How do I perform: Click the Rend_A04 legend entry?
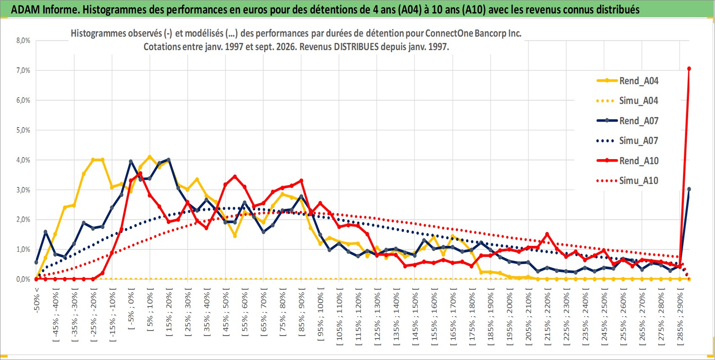627,81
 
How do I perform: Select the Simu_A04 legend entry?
627,101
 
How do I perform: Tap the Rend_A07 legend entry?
627,121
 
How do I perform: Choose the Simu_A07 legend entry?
627,141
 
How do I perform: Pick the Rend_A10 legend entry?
627,160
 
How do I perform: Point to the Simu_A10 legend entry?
627,181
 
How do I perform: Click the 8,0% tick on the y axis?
23,40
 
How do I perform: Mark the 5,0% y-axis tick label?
23,130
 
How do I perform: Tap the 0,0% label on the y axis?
23,279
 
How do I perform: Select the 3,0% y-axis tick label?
23,190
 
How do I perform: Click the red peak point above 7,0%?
689,69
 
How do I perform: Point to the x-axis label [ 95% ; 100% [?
321,314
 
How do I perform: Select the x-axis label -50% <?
36,300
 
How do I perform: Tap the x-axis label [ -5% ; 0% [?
131,309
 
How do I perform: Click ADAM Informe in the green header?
44,10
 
